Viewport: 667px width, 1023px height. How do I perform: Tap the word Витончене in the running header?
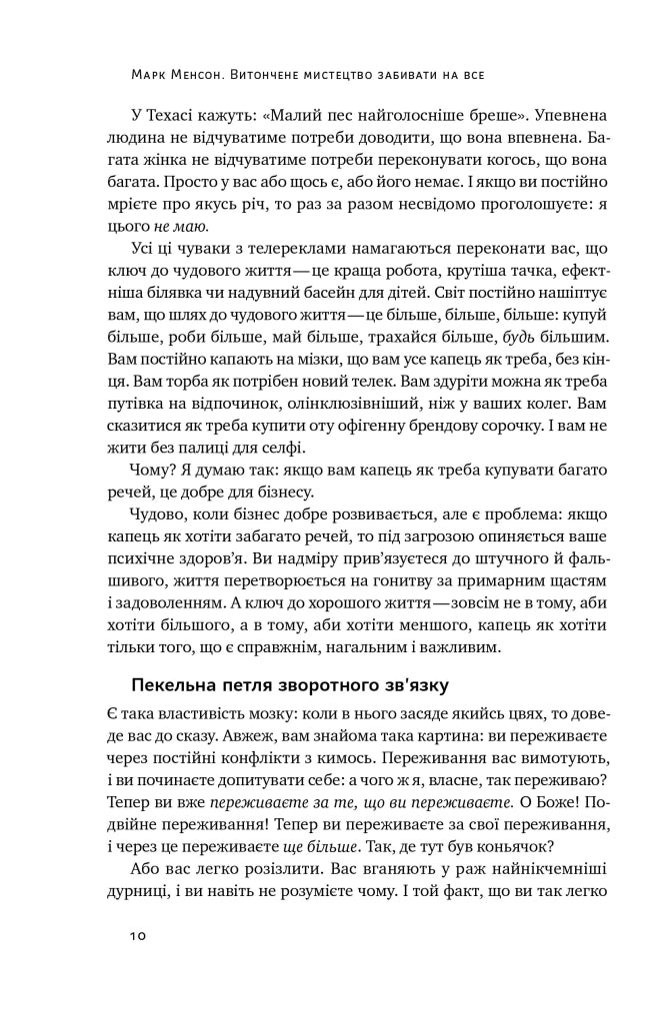pos(290,72)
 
